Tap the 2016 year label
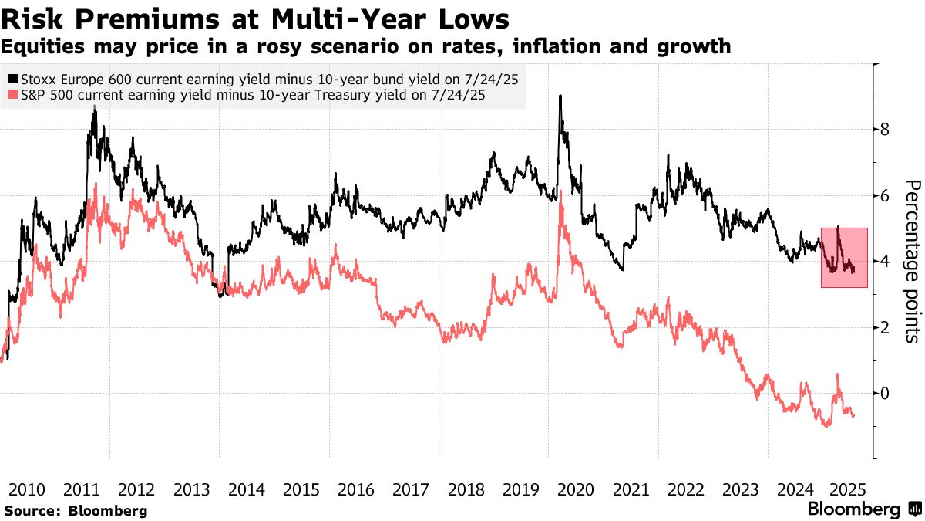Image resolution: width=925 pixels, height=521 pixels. (357, 489)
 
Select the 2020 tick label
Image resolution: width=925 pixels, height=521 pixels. (576, 489)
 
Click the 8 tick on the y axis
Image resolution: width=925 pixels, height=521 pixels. (886, 130)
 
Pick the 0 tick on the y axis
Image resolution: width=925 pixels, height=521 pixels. (886, 394)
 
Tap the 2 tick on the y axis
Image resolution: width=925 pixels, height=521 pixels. (886, 327)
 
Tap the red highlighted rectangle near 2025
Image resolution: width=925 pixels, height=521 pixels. (844, 258)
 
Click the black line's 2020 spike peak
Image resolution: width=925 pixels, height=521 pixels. (560, 96)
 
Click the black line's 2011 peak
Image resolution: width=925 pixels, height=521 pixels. (94, 109)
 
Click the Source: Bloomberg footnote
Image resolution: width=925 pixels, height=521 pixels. (76, 510)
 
